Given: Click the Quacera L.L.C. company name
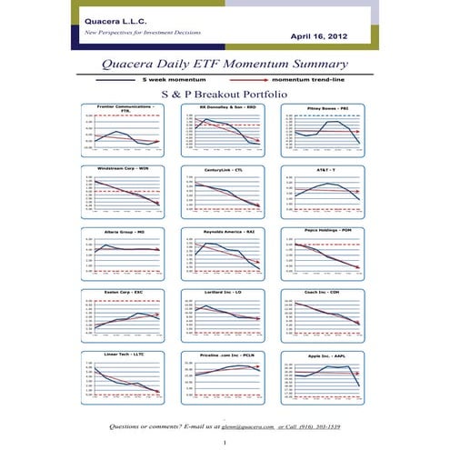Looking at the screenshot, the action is coord(115,19).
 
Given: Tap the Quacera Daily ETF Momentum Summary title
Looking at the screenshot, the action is coord(225,65).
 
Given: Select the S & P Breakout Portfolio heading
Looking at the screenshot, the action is coord(224,94).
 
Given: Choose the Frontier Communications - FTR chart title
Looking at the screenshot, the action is coord(125,109).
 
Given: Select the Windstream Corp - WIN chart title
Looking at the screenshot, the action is coord(125,168).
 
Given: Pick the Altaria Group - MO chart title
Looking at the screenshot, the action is coord(125,232).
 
